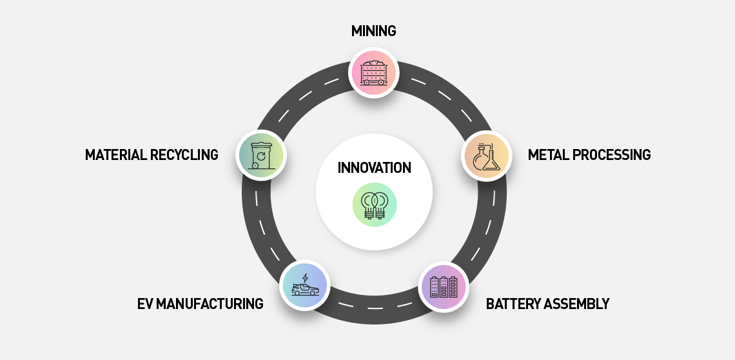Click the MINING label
373,30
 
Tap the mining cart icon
374,72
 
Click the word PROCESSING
612,155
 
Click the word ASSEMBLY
577,304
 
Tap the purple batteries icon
443,288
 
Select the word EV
144,304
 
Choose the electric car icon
304,286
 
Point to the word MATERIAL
118,155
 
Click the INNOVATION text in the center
374,168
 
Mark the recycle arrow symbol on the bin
261,155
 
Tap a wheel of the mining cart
367,83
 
